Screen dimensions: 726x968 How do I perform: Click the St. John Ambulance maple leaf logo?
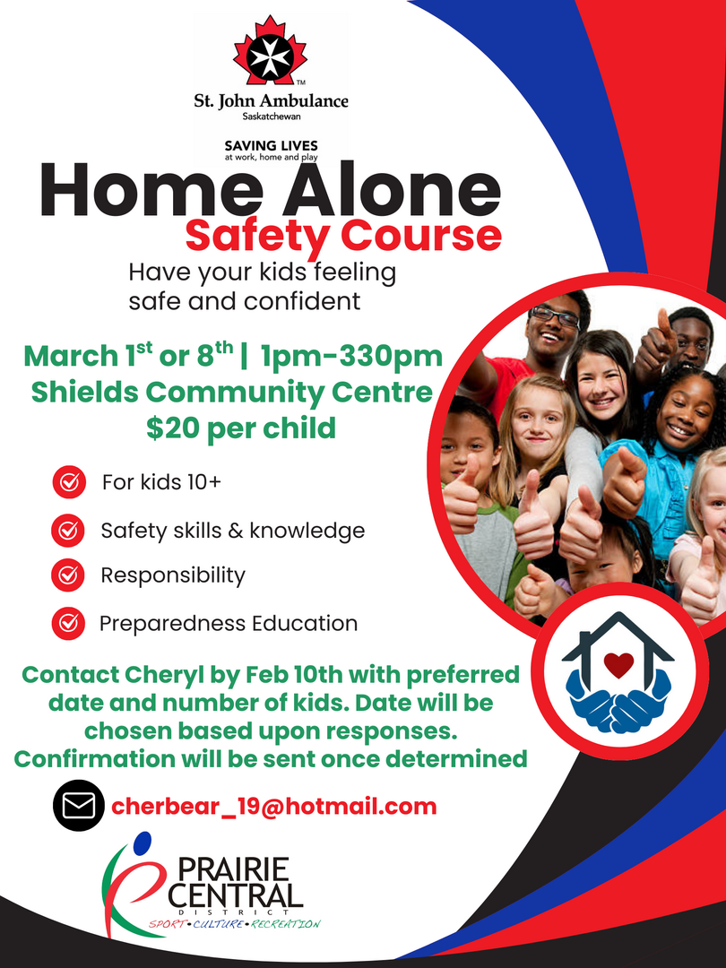click(270, 51)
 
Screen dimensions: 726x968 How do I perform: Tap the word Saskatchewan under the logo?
click(272, 116)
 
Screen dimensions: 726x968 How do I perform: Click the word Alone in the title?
click(392, 189)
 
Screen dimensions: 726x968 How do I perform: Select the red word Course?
click(421, 236)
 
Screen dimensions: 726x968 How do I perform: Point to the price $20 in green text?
click(171, 428)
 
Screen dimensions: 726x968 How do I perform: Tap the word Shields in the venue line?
click(84, 392)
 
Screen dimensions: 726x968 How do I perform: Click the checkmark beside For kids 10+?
click(69, 481)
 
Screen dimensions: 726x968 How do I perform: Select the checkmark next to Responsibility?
click(68, 575)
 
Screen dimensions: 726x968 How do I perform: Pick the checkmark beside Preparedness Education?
click(68, 623)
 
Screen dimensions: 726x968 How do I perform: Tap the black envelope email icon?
click(78, 805)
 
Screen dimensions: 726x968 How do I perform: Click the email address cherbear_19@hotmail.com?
click(274, 807)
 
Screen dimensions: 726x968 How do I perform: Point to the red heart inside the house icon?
click(618, 665)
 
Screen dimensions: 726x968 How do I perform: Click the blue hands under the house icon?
click(618, 701)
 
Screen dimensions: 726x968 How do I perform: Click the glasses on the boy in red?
click(555, 316)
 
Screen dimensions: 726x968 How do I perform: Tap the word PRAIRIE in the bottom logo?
click(234, 869)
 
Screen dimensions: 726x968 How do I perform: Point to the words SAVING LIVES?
click(271, 146)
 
